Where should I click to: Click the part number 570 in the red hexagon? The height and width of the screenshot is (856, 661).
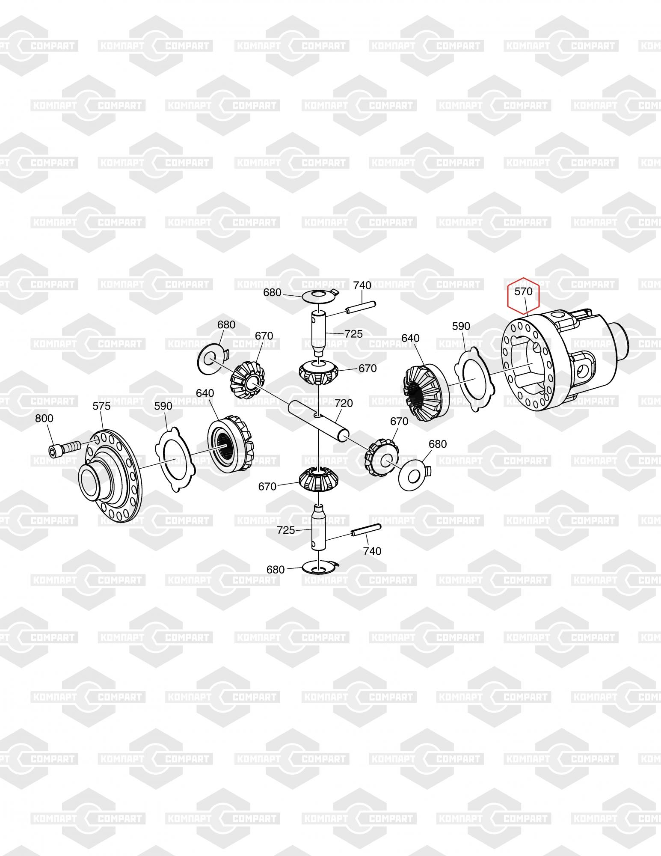click(523, 291)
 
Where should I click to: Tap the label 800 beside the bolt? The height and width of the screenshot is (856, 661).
click(44, 418)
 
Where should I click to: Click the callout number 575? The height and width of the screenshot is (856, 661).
click(102, 406)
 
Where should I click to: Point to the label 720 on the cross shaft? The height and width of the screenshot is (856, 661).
click(344, 403)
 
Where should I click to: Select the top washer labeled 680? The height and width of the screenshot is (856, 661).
click(320, 296)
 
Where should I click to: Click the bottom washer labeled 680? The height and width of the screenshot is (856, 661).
click(320, 567)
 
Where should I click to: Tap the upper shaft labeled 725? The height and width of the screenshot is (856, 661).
click(319, 333)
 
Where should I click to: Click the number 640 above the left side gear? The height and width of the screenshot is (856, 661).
click(205, 393)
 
